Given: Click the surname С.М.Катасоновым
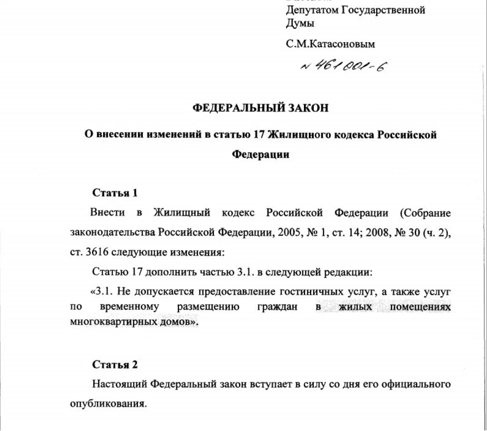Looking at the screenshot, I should [x=330, y=44].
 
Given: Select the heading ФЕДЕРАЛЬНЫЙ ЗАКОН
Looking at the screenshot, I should [x=260, y=108].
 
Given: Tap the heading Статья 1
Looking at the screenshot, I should [x=115, y=193].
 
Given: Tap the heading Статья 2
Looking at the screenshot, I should [x=115, y=364].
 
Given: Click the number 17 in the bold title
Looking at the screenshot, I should [x=259, y=135].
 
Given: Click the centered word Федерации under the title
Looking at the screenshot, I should [x=260, y=155].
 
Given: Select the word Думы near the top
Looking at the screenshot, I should [x=300, y=24].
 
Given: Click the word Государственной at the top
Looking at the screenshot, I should [x=383, y=10].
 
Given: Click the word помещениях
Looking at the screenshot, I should [x=420, y=307].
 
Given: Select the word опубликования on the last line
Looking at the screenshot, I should [x=108, y=404].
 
